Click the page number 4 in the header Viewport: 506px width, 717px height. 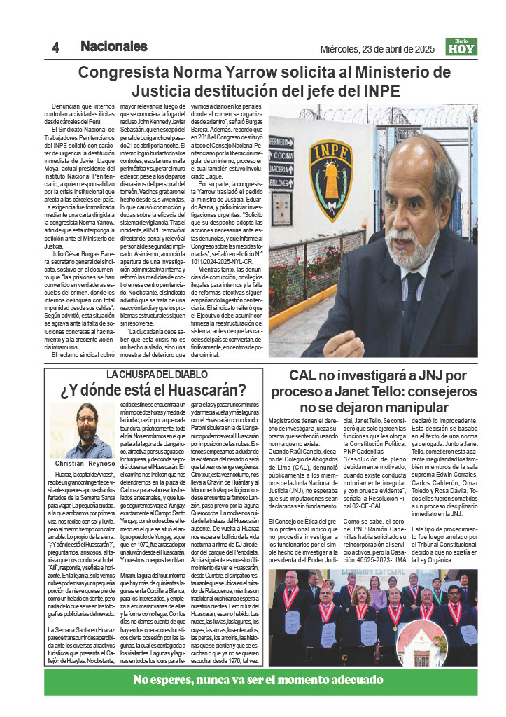click(55, 48)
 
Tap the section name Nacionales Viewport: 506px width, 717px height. click(113, 47)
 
